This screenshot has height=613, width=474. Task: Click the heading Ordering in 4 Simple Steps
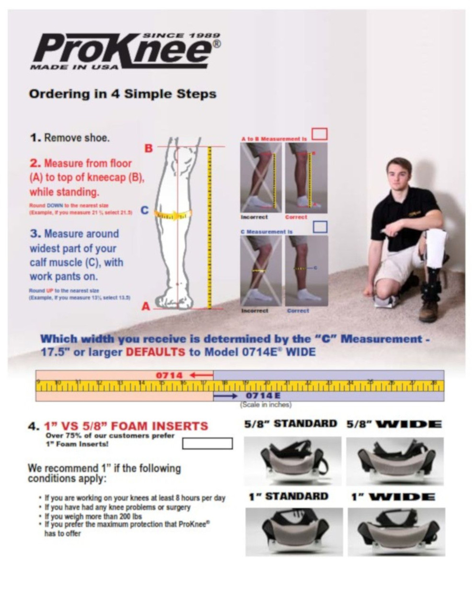coord(122,93)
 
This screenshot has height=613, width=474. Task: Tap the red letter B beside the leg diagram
coord(149,148)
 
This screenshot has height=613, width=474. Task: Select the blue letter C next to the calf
coord(144,210)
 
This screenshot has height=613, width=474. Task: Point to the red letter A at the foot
coord(146,306)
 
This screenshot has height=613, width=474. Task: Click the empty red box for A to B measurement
coord(320,134)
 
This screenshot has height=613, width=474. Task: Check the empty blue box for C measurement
coord(320,227)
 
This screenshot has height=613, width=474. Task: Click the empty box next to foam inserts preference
coord(207,443)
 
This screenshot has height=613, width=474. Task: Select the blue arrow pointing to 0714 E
coord(225,396)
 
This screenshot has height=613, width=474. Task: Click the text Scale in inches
coord(266,405)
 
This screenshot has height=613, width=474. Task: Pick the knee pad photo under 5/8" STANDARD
coord(292,461)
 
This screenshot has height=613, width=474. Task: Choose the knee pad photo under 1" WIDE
coord(396,532)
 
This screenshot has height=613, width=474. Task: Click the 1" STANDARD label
coord(288,497)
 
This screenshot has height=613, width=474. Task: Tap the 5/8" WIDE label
coord(394,424)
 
